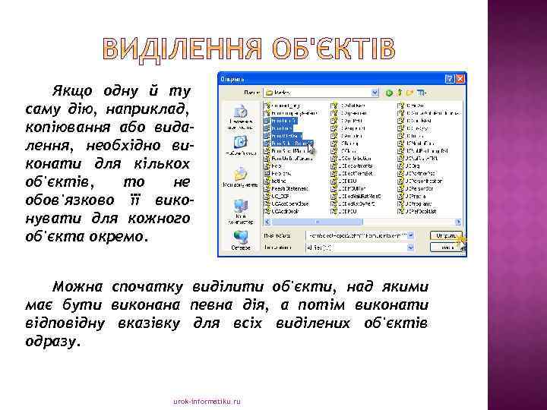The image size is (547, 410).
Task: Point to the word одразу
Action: tap(50, 342)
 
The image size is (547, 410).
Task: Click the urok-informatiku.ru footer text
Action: tap(207, 401)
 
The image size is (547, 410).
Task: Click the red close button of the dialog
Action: tap(460, 78)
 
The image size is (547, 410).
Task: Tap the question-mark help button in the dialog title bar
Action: tap(450, 78)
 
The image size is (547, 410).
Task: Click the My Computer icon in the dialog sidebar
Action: tap(240, 206)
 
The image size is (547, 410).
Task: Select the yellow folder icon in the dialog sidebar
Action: tap(240, 174)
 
